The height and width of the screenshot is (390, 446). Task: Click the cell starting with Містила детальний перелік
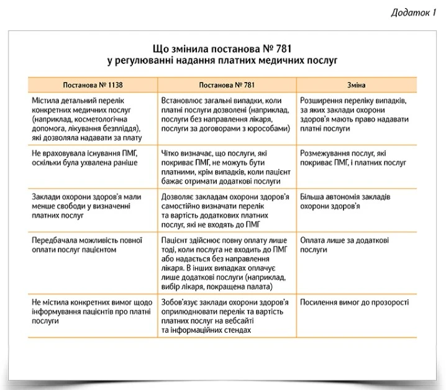click(86, 114)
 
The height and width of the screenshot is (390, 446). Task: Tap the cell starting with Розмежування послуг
click(353, 158)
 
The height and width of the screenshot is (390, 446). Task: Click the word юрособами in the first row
click(268, 129)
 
